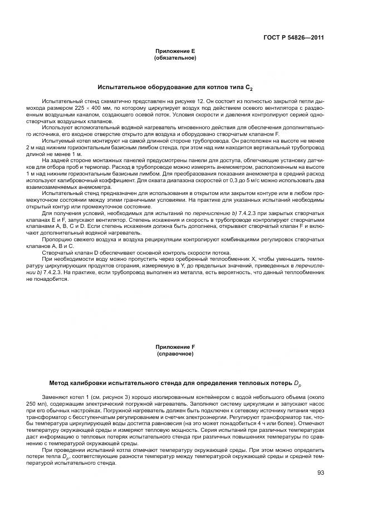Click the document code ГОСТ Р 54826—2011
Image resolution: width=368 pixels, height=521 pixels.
[x=293, y=38]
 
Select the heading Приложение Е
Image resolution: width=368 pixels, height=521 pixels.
[x=174, y=51]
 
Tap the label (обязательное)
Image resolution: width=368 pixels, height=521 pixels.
[x=174, y=57]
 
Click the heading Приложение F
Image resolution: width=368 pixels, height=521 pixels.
[x=174, y=347]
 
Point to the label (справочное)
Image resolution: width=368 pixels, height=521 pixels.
[x=174, y=353]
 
